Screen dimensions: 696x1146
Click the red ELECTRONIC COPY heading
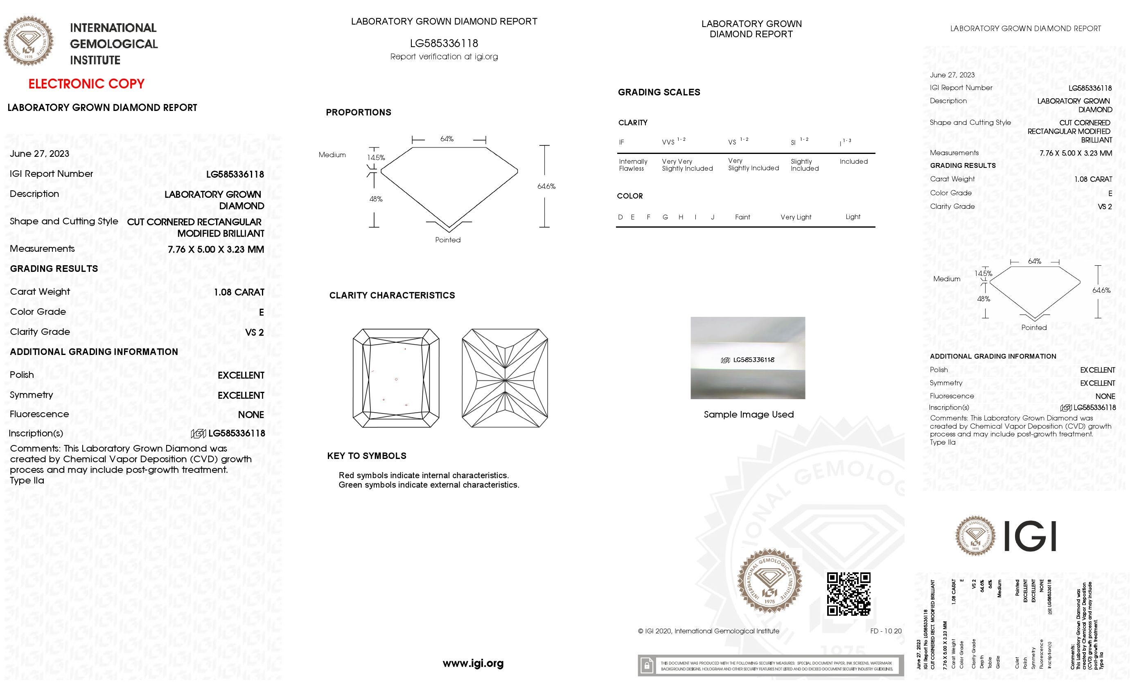86,84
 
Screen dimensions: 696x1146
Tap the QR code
848,594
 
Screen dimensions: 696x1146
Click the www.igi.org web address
473,663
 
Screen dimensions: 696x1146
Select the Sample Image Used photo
747,358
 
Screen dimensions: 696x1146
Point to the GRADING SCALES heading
659,92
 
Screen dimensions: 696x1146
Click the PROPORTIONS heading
358,112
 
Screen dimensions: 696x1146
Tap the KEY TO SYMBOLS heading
366,456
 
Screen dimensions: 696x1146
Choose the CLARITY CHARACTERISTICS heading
392,296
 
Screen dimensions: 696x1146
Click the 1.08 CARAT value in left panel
239,292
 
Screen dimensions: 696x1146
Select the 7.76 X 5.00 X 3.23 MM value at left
216,249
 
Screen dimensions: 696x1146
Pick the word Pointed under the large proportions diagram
447,240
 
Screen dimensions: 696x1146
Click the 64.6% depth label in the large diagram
546,186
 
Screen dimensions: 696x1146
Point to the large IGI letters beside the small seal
1030,536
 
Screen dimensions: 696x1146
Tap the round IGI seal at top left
28,41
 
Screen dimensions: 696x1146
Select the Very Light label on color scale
795,217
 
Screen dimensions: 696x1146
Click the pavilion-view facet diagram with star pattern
505,378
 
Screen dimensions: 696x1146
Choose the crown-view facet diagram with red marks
396,378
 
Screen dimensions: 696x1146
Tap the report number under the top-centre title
444,43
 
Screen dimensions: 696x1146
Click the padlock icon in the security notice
647,666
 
